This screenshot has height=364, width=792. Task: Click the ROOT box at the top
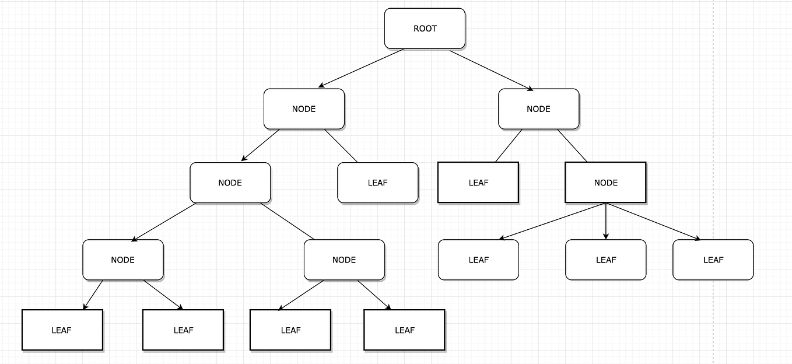(x=425, y=29)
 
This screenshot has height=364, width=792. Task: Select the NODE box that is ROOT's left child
(x=304, y=109)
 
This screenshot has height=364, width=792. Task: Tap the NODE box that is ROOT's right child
(x=538, y=109)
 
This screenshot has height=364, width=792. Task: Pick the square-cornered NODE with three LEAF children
(x=605, y=183)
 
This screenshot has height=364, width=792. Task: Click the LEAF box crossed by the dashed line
(x=713, y=260)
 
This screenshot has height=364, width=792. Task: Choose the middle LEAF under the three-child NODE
(x=605, y=260)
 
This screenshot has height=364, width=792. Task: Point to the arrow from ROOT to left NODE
(x=361, y=68)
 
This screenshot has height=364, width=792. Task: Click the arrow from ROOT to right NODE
(x=492, y=70)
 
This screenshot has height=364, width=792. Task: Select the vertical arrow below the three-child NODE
(x=606, y=222)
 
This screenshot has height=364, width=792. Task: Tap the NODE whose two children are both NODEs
(x=230, y=183)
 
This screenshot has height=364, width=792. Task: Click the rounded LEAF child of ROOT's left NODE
(x=378, y=183)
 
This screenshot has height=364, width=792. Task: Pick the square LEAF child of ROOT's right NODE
(x=478, y=183)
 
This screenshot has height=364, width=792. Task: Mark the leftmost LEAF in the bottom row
(x=62, y=330)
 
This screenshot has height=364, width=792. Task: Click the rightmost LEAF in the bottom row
(x=404, y=330)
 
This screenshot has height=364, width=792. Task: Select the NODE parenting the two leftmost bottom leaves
(x=122, y=260)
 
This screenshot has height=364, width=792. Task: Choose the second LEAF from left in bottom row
(x=183, y=330)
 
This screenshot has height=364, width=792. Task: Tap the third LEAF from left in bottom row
(x=290, y=330)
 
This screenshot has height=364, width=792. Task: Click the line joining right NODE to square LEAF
(x=509, y=146)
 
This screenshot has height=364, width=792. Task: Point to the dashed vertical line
(x=713, y=117)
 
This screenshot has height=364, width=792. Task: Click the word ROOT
(x=425, y=29)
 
